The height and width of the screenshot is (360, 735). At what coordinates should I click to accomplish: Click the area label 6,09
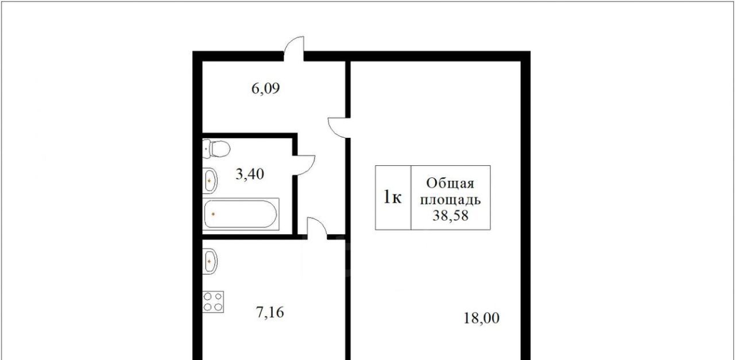(x=265, y=88)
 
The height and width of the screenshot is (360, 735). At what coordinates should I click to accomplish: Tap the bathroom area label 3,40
(x=250, y=174)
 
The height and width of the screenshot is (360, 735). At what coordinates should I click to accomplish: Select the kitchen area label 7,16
(x=270, y=312)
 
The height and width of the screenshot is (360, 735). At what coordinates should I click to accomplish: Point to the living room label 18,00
(x=481, y=318)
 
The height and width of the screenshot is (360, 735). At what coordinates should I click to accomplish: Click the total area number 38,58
(x=450, y=215)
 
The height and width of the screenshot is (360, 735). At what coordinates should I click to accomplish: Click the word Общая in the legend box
(x=450, y=183)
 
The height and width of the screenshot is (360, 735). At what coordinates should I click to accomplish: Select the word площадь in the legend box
(x=451, y=200)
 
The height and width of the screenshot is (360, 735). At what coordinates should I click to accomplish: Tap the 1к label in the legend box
(x=393, y=198)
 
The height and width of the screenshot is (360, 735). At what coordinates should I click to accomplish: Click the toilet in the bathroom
(x=216, y=149)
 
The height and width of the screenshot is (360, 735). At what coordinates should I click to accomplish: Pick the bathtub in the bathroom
(x=241, y=214)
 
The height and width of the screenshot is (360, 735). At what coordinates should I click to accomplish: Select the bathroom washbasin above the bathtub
(x=210, y=180)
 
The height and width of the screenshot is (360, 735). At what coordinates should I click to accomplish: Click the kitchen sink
(x=210, y=261)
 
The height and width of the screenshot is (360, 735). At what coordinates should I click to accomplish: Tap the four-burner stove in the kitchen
(x=213, y=301)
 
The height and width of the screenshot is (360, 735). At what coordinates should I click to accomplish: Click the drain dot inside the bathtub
(x=213, y=214)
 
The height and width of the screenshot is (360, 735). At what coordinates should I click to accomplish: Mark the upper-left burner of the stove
(x=208, y=297)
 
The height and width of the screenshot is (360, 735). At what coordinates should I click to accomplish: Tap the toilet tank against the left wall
(x=206, y=149)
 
